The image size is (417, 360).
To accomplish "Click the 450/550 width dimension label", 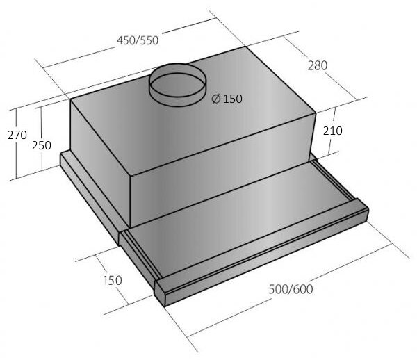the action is click(x=138, y=40).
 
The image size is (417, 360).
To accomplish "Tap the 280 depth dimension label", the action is click(x=318, y=65).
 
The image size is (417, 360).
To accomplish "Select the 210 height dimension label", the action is click(x=333, y=131).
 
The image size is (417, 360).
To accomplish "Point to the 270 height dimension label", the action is click(x=17, y=135).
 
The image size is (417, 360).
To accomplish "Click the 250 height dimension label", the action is click(x=42, y=145).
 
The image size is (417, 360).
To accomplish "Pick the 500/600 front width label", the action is click(x=291, y=289).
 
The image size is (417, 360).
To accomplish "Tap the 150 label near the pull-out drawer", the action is click(x=113, y=280).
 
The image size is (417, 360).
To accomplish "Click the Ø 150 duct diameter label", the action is click(x=227, y=99).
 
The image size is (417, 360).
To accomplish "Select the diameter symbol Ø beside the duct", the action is click(x=216, y=99).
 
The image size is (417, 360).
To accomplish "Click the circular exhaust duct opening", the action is click(x=177, y=85).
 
